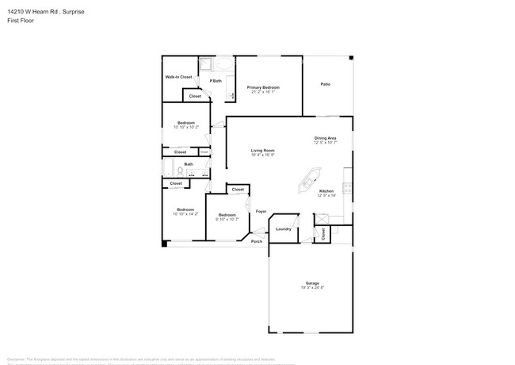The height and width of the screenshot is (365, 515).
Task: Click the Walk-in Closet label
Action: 178,77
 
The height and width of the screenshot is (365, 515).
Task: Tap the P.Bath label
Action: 215,81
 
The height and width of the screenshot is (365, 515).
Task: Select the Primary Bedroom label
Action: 263,87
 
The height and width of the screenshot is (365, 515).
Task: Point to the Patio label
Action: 325,84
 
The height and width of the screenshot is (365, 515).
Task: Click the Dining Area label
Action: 325,138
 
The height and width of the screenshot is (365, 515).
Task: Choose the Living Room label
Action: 263,151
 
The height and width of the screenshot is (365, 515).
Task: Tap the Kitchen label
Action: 326,191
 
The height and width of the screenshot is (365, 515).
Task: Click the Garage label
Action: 312,283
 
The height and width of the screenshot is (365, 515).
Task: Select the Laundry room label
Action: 283,229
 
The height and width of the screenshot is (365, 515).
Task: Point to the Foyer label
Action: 261,212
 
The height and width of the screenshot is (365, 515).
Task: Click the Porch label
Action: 257,241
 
